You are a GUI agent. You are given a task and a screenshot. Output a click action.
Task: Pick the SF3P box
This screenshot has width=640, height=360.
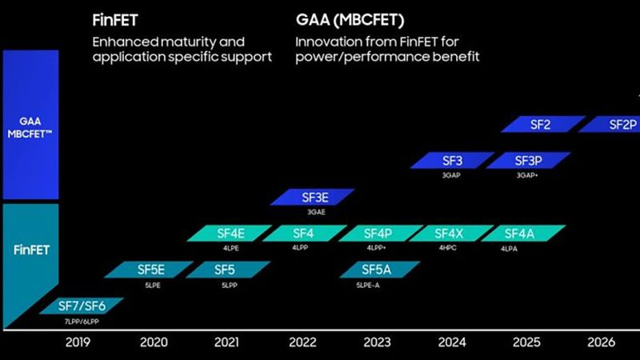pos(528,160)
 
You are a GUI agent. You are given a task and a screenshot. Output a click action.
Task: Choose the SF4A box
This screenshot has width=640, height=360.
pos(524,234)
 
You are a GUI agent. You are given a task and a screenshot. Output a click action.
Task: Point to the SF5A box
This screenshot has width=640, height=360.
pos(376,270)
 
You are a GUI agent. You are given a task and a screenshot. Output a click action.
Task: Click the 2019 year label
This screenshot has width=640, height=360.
pos(78,342)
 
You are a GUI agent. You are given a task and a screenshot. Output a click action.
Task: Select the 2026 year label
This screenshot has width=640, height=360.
pos(601,342)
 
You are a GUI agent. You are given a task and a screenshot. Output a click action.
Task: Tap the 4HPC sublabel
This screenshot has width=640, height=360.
pos(448,249)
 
